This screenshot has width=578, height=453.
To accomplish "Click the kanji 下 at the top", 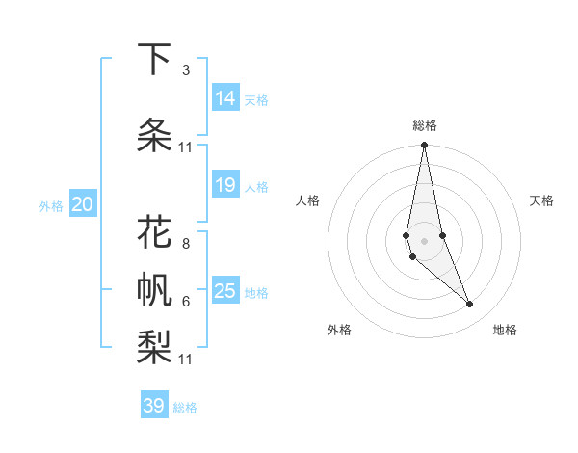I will point(154,60).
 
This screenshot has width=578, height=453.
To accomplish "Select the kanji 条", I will point(154,135).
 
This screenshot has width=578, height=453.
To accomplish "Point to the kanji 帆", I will point(154,290).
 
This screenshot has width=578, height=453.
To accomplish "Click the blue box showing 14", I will point(225,98).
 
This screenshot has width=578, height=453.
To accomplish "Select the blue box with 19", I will point(225,185).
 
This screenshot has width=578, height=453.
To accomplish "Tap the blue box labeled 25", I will point(225,291).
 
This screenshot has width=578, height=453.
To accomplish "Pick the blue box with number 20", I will point(83,204).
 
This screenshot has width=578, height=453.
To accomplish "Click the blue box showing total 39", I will point(154,406).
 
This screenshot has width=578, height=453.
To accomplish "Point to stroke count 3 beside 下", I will point(185,70).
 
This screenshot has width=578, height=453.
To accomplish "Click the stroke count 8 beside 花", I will point(185,232).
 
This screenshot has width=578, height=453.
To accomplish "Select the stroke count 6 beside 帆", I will point(185,301).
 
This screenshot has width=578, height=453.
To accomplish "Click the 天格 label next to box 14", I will point(256,99).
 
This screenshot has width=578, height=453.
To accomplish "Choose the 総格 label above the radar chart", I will point(425,125).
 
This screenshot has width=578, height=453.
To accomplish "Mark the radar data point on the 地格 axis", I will point(470,305).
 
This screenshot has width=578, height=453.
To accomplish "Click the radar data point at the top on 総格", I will point(425,146).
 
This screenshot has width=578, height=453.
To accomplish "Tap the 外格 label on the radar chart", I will point(339,330).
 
